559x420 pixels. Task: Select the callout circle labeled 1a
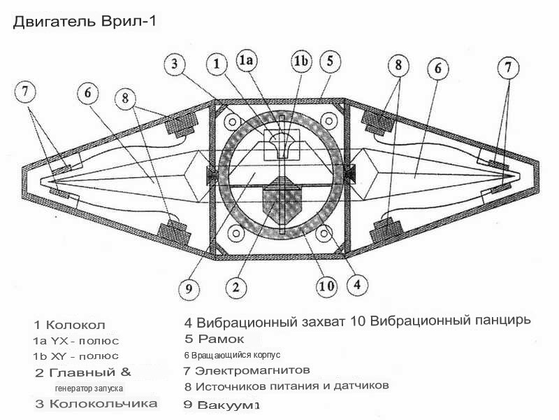coord(248,61)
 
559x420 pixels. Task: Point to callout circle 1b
coord(301,62)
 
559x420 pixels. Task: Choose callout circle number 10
coord(325,285)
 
